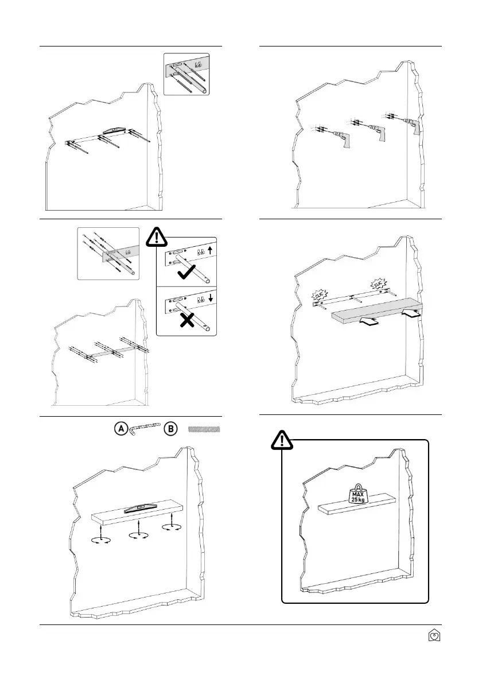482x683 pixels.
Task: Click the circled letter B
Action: click(171, 429)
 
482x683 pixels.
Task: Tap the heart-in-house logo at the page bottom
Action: click(435, 635)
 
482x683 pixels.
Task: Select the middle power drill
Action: click(376, 131)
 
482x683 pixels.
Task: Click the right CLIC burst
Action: click(379, 284)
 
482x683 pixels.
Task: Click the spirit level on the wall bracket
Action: click(117, 131)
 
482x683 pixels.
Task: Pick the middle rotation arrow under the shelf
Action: click(135, 535)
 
